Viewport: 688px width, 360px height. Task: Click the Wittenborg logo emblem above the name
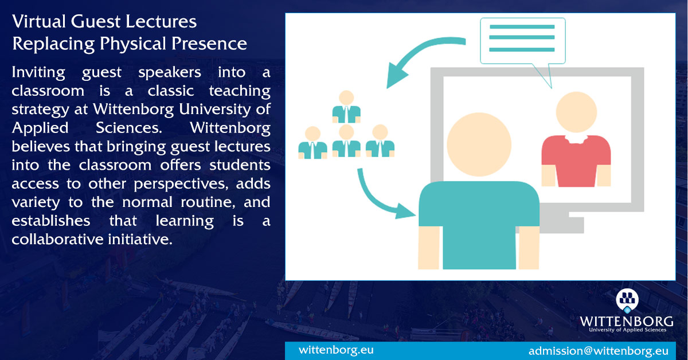(x=627, y=300)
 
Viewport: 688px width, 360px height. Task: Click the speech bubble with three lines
(x=522, y=39)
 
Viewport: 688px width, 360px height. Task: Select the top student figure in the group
(x=346, y=107)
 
